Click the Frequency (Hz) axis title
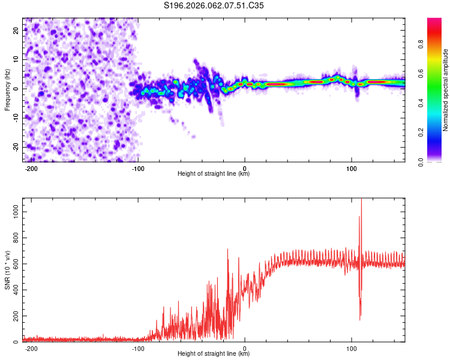coord(7,90)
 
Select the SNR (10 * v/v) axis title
coord(7,270)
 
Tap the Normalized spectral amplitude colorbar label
coord(446,90)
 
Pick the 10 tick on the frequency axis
coord(17,59)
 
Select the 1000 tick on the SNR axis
coord(13,212)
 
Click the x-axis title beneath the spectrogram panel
coord(214,174)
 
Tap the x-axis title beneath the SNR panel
coord(214,354)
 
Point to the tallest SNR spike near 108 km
coord(361,199)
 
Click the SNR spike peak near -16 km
coord(227,249)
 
